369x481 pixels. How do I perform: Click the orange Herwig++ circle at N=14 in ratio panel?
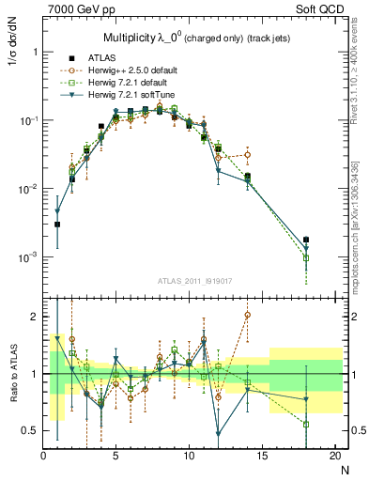pyautogui.click(x=248, y=316)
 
